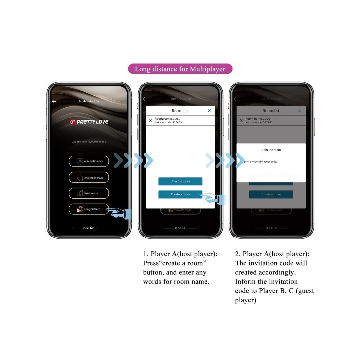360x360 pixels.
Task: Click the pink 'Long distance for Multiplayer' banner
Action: (x=180, y=69)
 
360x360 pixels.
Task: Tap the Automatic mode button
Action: (x=89, y=161)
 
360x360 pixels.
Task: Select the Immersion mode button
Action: (x=89, y=178)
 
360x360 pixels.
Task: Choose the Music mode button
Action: (x=89, y=193)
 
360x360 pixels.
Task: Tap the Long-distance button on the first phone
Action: (x=89, y=209)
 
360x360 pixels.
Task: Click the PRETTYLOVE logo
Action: (x=89, y=121)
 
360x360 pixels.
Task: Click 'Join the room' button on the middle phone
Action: (x=180, y=181)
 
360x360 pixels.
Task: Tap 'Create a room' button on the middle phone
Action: (x=180, y=194)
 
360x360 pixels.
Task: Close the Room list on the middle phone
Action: (x=209, y=111)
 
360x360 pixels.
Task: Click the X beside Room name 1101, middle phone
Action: (x=151, y=120)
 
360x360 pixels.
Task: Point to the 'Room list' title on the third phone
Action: (x=271, y=111)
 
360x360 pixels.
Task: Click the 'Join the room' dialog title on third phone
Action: (x=271, y=150)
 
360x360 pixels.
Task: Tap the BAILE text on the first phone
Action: (x=89, y=228)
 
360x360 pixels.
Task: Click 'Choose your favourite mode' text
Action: (x=89, y=142)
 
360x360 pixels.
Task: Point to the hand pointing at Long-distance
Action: (x=120, y=213)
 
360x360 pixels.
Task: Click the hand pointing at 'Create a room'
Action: (x=214, y=199)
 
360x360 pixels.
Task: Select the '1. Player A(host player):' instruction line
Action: (x=180, y=254)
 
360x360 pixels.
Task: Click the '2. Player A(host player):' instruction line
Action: (x=272, y=254)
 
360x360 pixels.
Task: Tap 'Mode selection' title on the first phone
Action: (x=89, y=101)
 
